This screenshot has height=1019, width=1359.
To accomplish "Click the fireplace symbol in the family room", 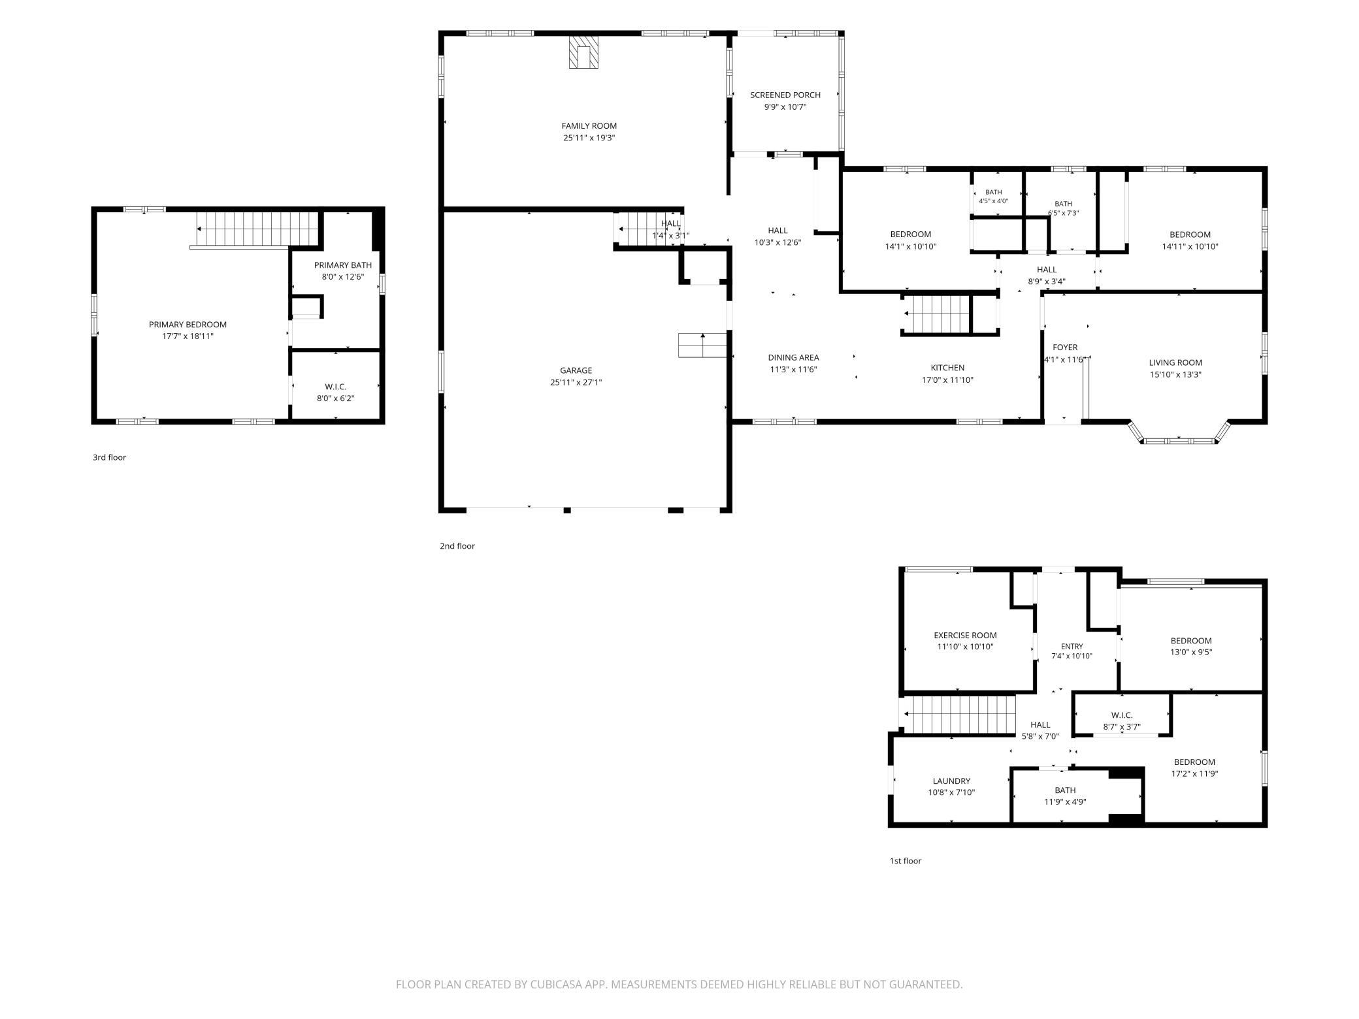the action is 583,52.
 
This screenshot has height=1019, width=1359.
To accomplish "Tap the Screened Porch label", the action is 785,95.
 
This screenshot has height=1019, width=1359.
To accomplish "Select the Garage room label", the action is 576,370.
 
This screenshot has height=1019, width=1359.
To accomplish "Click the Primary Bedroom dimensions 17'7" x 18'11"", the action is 188,336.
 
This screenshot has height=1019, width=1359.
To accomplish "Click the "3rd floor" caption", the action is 109,457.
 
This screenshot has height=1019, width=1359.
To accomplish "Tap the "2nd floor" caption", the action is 457,546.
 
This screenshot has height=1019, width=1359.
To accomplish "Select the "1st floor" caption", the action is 906,861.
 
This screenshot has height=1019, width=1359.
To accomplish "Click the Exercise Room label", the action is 965,635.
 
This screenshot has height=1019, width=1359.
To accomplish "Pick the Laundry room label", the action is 951,781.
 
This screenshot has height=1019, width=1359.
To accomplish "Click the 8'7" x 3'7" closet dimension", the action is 1122,726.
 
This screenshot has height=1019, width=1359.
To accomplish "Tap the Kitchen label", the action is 947,368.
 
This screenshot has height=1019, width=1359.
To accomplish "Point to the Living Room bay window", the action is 1179,434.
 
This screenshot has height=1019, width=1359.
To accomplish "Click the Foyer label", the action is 1065,348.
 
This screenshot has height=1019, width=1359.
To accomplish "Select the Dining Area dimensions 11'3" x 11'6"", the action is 793,369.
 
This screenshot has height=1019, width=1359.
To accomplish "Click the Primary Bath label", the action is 343,265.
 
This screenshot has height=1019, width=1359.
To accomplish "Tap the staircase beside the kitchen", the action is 936,314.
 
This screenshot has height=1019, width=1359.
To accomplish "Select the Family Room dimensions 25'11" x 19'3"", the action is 589,138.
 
